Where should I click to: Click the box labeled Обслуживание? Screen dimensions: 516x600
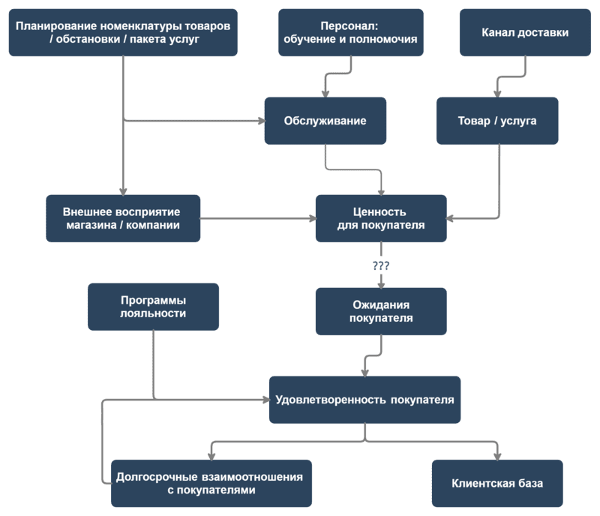tap(325, 121)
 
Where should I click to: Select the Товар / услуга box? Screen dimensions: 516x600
tap(497, 121)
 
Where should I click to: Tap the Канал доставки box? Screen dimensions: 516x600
tap(524, 33)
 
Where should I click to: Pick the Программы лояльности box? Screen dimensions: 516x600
tap(153, 306)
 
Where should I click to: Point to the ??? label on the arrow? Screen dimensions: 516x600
tap(381, 266)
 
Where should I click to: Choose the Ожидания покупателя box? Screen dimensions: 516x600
tap(381, 311)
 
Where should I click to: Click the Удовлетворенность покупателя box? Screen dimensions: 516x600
tap(364, 400)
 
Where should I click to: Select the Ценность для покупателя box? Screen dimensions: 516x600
tap(381, 217)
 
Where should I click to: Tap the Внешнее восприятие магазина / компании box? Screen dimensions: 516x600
tap(123, 217)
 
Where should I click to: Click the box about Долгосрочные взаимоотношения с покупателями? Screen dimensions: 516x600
tap(211, 483)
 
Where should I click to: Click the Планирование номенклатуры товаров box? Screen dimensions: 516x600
tap(123, 33)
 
